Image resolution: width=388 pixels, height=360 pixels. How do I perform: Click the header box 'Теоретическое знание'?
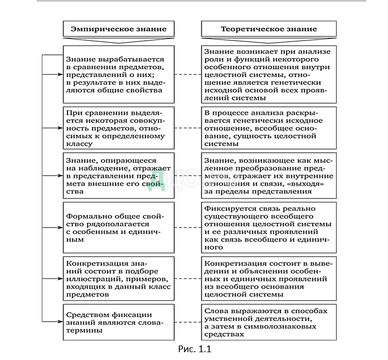tap(269, 29)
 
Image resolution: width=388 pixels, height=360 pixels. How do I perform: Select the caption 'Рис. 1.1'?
tap(193, 349)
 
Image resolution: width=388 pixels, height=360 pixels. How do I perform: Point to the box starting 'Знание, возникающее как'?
tap(269, 176)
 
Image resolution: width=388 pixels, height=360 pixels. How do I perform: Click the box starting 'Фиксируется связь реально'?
tap(269, 227)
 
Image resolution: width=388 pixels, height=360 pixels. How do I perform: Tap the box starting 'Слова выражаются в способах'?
tap(269, 322)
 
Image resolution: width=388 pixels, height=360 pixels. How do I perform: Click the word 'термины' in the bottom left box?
tap(84, 330)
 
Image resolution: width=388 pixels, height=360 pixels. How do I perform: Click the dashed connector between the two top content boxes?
tap(186, 74)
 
